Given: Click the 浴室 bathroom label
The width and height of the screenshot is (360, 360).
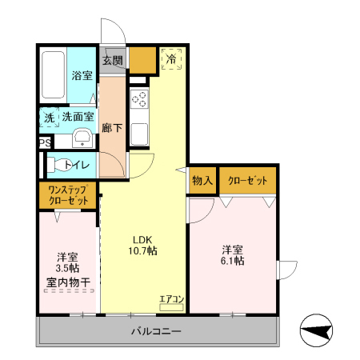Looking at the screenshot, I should click(82, 76).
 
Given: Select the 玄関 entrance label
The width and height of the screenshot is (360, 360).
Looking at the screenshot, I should click(113, 61).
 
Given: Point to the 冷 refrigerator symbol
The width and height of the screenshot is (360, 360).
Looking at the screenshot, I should click(171, 59).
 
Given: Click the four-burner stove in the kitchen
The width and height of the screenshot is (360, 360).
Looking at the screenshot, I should click(139, 99).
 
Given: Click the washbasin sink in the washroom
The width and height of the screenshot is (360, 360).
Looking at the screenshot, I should click(82, 139).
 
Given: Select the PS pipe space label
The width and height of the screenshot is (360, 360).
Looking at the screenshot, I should click(45, 143).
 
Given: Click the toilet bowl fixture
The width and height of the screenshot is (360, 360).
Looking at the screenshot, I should click(58, 166).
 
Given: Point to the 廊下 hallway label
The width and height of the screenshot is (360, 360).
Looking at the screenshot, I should click(112, 126).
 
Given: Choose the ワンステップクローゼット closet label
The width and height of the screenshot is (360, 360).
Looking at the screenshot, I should click(67, 194).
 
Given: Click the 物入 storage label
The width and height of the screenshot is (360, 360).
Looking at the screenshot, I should click(202, 182).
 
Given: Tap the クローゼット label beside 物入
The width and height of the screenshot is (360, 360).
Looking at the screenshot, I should click(248, 182).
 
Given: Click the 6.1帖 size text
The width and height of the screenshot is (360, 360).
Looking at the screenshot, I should click(233, 260).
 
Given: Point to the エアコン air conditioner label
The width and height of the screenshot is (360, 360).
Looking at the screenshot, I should click(171, 300).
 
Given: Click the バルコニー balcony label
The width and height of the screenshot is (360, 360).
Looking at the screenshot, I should click(156, 330).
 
